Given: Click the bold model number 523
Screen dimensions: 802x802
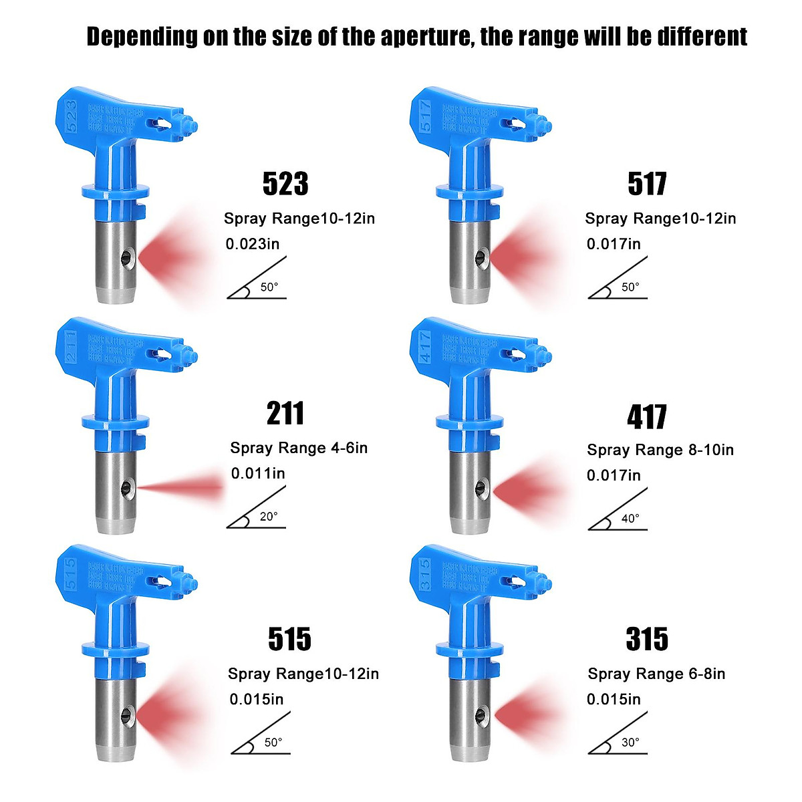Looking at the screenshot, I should tap(285, 184).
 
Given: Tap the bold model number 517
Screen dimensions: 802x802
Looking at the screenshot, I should tap(647, 184).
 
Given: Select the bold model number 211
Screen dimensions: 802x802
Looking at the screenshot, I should tap(285, 414).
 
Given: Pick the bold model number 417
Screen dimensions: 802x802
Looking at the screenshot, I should tap(647, 417).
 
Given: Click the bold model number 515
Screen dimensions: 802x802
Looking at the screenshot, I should tap(289, 640).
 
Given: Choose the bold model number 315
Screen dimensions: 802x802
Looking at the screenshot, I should tap(647, 640).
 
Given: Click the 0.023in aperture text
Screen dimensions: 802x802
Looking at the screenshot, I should tap(253, 244).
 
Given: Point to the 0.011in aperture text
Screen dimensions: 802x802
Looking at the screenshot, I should tap(258, 474).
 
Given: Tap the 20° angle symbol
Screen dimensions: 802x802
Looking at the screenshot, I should tap(257, 509).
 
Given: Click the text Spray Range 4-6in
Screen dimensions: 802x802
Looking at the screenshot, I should tap(299, 448).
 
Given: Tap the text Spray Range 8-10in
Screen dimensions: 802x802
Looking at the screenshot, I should tap(660, 450).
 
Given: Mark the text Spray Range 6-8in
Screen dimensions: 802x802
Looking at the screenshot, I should tap(656, 674).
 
